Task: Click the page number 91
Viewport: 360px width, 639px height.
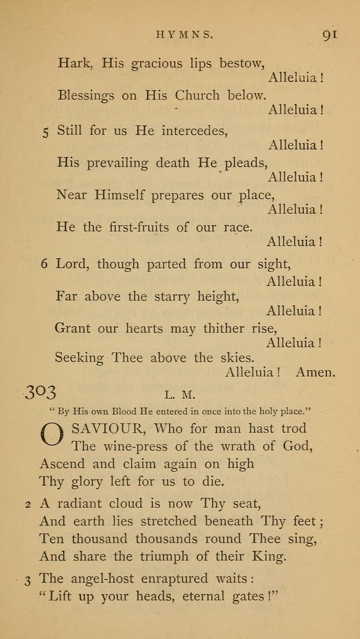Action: pos(330,34)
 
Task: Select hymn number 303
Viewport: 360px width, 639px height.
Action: pos(40,392)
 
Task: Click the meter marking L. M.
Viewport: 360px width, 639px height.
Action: pos(187,396)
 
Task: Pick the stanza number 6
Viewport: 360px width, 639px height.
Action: pos(44,264)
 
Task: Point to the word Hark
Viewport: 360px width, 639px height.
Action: pos(74,63)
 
